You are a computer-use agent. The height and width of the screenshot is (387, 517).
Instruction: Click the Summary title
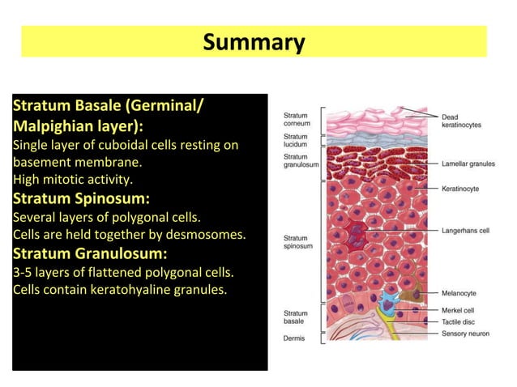(x=254, y=42)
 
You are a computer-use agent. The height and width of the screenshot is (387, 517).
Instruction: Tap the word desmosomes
(x=208, y=235)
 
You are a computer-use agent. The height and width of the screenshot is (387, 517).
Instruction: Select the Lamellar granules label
(x=468, y=164)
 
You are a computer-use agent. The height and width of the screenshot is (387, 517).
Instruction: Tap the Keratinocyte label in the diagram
(x=460, y=189)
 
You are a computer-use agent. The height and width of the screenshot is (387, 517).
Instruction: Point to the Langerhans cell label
(x=465, y=231)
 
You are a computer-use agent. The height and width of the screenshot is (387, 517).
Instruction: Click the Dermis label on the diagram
(x=294, y=338)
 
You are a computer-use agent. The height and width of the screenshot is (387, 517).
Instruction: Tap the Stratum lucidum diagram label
(x=296, y=141)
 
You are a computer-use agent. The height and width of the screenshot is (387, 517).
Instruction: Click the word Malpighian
(x=54, y=127)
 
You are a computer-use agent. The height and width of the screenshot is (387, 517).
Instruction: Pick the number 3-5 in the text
(x=23, y=271)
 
